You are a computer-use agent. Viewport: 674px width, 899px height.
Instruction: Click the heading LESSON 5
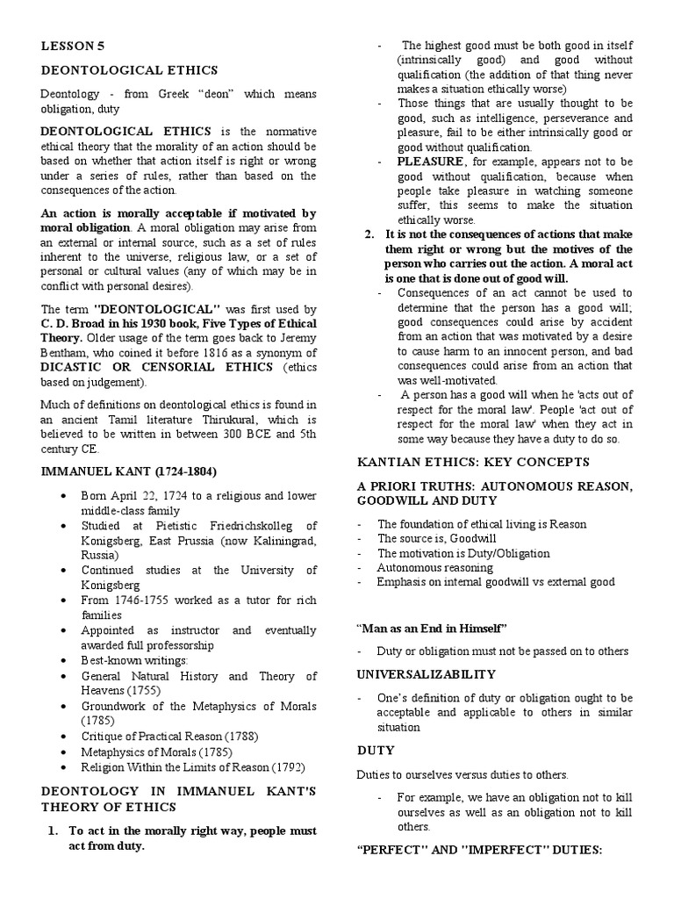(68, 47)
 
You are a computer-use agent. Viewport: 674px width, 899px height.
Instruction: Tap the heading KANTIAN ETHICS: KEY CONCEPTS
(473, 462)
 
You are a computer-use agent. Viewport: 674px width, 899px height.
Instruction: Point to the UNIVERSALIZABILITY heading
(426, 674)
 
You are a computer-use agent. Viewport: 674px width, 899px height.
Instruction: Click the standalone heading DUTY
(376, 751)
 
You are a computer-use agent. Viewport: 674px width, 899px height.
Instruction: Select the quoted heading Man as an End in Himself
(432, 628)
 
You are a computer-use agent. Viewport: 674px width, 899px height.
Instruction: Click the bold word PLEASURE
(429, 162)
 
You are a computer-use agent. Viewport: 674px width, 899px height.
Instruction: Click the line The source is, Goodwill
(430, 539)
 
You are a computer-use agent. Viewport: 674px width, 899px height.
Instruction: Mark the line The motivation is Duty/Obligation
(462, 553)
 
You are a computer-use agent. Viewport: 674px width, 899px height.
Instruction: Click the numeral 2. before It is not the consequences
(370, 236)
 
